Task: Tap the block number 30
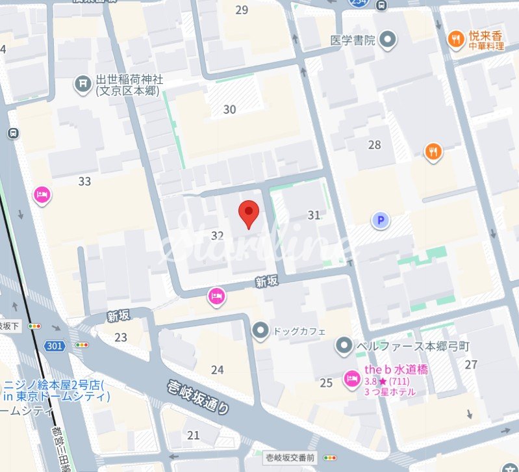point(229,109)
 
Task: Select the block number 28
point(374,144)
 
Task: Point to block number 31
point(314,215)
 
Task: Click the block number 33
point(84,181)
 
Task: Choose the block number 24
point(217,370)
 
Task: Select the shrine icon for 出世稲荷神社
point(82,83)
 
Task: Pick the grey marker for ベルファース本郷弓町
point(344,345)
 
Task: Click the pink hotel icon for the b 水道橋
point(351,378)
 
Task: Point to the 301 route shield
point(55,346)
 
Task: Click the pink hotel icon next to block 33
point(42,194)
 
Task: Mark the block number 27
point(471,364)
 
